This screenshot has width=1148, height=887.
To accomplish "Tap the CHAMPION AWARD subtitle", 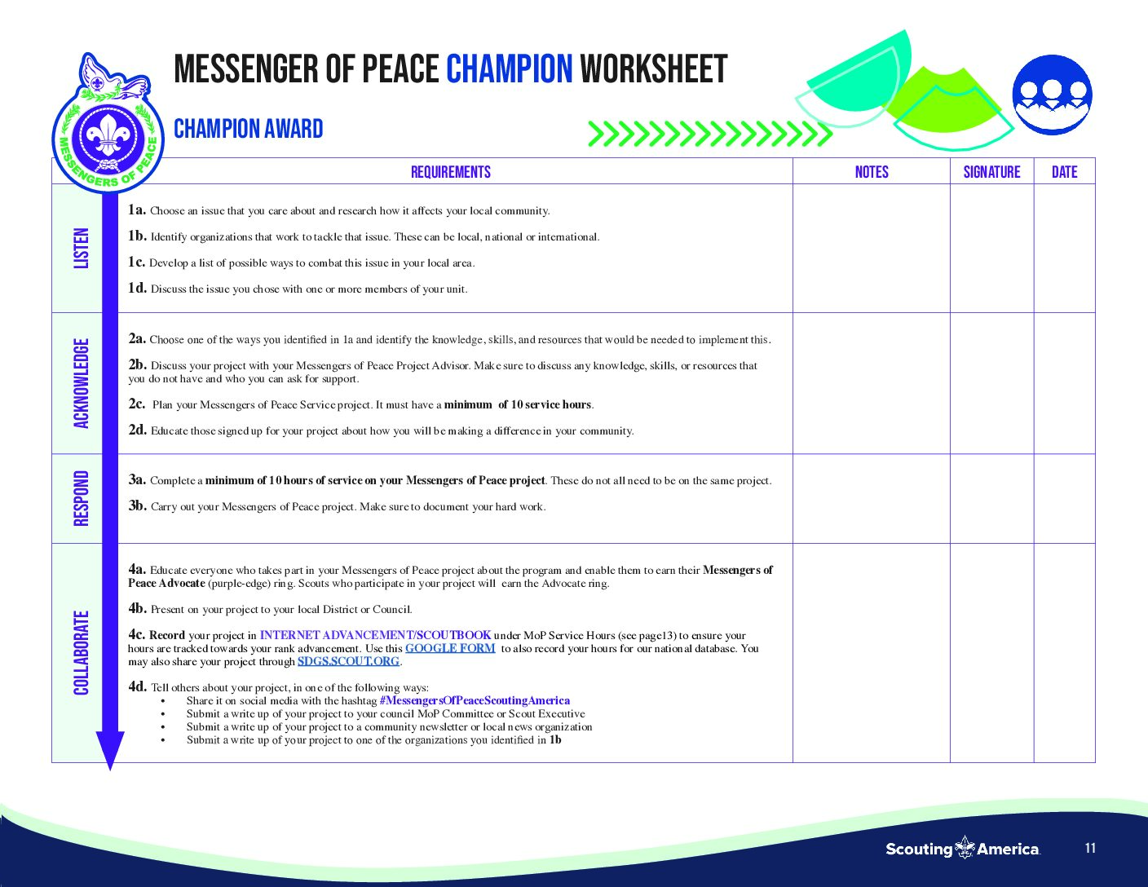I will (249, 129).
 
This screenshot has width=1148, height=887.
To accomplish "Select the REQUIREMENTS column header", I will (451, 172).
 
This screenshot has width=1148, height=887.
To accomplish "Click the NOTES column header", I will (872, 172).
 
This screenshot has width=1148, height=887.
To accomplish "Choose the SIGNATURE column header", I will (991, 172).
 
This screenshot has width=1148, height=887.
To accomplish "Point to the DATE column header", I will (1064, 172).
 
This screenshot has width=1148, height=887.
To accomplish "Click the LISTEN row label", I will (82, 248).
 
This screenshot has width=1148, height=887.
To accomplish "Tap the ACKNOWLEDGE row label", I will (82, 383).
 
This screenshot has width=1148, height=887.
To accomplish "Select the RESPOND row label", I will (82, 498).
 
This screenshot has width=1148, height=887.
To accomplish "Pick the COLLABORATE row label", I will (82, 652).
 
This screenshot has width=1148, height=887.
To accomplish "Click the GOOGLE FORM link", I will (450, 648).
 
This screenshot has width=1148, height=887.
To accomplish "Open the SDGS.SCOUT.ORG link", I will (348, 661).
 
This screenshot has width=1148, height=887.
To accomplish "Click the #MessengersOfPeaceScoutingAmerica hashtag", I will (475, 700).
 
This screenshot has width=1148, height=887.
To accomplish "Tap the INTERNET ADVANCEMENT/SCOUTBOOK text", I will (375, 635).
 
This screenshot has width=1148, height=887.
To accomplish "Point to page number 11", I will (1090, 848).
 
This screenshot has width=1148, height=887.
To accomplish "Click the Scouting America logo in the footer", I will (963, 849).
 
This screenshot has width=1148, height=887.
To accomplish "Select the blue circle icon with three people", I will (1052, 94).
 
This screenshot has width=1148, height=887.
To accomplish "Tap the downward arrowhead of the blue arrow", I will (110, 749).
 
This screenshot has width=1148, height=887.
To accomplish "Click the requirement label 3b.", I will (137, 505).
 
